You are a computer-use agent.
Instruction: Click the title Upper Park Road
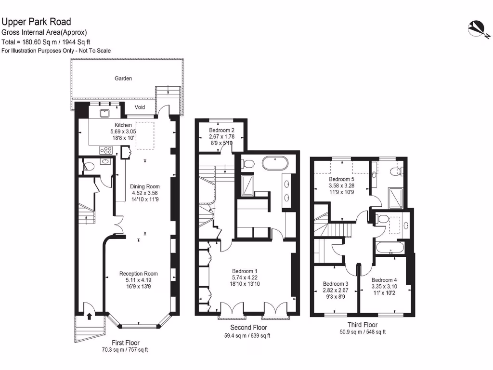pyautogui.click(x=36, y=22)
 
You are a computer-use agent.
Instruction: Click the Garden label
pyautogui.click(x=123, y=78)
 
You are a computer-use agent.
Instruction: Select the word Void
pyautogui.click(x=140, y=107)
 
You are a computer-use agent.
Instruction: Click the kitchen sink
pyautogui.click(x=104, y=114)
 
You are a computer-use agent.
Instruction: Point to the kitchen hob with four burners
pyautogui.click(x=105, y=150)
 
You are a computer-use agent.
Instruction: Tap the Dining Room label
pyautogui.click(x=145, y=186)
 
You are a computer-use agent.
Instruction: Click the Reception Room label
pyautogui.click(x=138, y=274)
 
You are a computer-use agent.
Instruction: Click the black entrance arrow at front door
pyautogui.click(x=90, y=317)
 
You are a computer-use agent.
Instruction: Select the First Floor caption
pyautogui.click(x=125, y=343)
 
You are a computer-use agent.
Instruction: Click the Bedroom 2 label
pyautogui.click(x=222, y=130)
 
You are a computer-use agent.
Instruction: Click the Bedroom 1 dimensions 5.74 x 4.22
pyautogui.click(x=245, y=277)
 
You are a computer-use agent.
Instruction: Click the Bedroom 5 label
pyautogui.click(x=341, y=179)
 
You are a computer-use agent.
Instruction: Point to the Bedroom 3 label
pyautogui.click(x=336, y=284)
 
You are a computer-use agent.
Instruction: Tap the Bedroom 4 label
pyautogui.click(x=384, y=280)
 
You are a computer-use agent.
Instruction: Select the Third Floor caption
pyautogui.click(x=363, y=325)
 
